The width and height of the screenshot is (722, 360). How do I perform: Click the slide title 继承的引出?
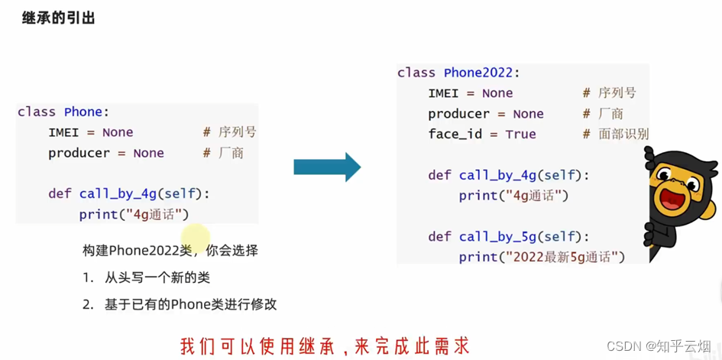pyautogui.click(x=58, y=18)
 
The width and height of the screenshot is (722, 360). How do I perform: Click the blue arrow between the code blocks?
pyautogui.click(x=327, y=167)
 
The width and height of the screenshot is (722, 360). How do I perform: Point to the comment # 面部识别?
pyautogui.click(x=615, y=134)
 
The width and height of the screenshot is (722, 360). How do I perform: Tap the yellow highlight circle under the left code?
pyautogui.click(x=196, y=236)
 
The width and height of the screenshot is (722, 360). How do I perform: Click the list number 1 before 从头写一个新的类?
pyautogui.click(x=89, y=277)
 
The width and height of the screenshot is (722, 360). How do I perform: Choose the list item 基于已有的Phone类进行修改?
pyautogui.click(x=190, y=304)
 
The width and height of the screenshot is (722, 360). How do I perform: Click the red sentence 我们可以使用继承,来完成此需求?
pyautogui.click(x=324, y=345)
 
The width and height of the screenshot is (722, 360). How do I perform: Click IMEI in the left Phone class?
pyautogui.click(x=63, y=132)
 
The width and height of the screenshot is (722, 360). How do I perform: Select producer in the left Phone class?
pyautogui.click(x=79, y=153)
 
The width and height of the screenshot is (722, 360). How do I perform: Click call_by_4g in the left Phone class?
pyautogui.click(x=118, y=193)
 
